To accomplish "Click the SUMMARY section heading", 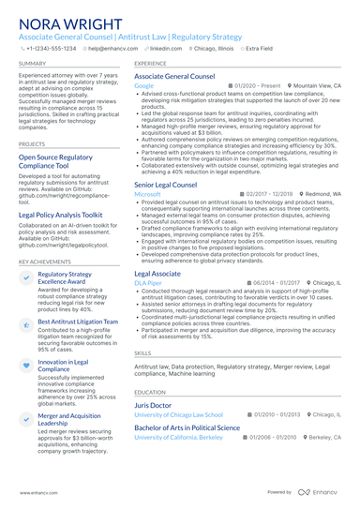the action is pyautogui.click(x=31, y=64).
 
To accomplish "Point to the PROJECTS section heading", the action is pyautogui.click(x=32, y=144).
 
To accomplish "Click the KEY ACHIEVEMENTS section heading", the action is pyautogui.click(x=43, y=263).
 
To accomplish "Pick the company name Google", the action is pyautogui.click(x=143, y=85).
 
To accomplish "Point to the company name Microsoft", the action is pyautogui.click(x=148, y=194).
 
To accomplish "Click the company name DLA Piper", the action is pyautogui.click(x=148, y=282).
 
